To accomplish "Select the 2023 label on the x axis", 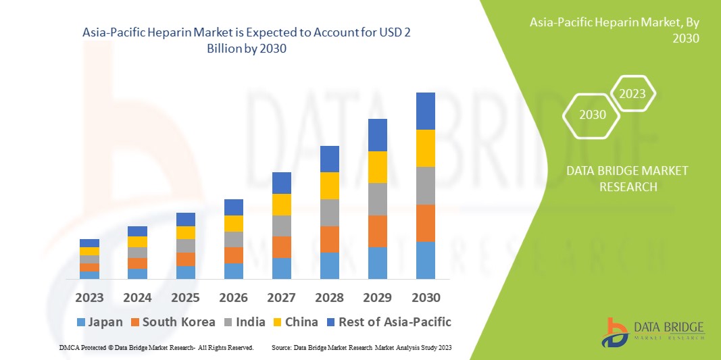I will [89, 297].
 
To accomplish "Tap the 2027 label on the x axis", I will [282, 297].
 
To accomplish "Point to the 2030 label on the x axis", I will [426, 297].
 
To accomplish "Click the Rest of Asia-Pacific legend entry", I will [388, 322].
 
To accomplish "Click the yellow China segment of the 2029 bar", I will [378, 167].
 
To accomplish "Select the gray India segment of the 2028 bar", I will [330, 212].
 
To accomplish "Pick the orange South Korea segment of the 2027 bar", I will [282, 247].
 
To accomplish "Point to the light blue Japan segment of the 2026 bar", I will [234, 271].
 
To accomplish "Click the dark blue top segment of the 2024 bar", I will [137, 231].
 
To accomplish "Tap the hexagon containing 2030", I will [593, 115].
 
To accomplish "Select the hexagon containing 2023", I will [632, 94].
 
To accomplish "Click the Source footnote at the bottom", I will [362, 347].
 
